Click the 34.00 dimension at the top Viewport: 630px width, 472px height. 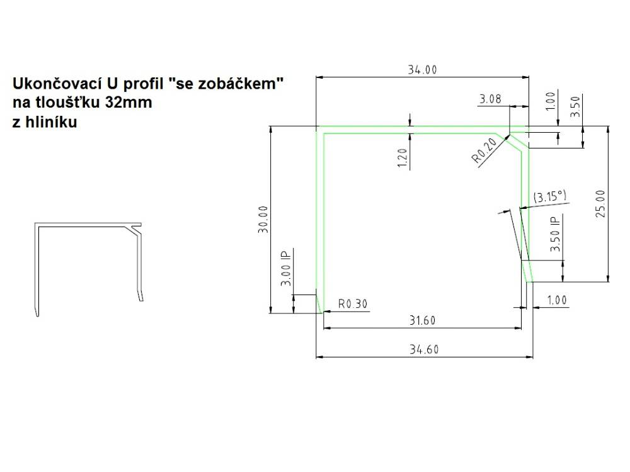coord(422,70)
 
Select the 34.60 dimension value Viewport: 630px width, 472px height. coord(424,349)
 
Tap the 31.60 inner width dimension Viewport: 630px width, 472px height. coord(422,320)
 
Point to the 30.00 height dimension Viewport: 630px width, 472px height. coord(263,220)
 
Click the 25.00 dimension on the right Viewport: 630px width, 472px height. coord(600,204)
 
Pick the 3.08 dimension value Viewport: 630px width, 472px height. coord(490,99)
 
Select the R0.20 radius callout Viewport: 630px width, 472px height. coord(484,150)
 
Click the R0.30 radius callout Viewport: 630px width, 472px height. coord(353,304)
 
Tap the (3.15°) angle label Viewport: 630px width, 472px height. coord(549,196)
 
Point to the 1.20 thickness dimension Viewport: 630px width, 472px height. coord(403,158)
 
